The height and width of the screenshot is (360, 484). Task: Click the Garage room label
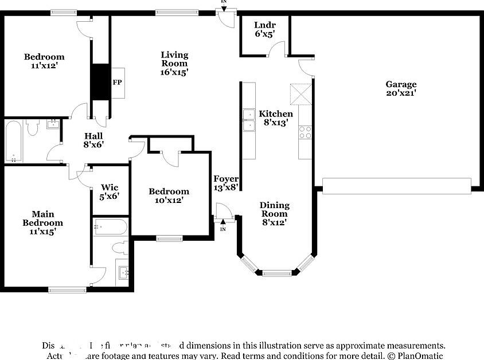401,84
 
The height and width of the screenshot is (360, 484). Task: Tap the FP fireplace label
117,83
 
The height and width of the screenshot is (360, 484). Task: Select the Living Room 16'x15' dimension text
174,72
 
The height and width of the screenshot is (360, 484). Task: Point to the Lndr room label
265,25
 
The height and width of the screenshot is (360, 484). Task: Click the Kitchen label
276,114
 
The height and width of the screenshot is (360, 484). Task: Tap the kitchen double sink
249,120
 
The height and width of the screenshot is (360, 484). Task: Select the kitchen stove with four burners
305,132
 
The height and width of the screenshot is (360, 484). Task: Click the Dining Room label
275,209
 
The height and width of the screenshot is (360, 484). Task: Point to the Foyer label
226,179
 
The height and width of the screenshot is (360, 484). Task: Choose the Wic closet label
110,187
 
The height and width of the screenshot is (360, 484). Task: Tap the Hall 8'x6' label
93,136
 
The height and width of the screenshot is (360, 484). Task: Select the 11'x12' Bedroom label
44,57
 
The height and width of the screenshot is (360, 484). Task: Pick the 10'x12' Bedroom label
169,191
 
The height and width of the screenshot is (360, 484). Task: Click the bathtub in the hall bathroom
14,141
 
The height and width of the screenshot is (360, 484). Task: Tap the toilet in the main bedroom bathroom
120,248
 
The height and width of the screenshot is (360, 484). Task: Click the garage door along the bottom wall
397,185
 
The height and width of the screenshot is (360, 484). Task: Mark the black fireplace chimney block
100,81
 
